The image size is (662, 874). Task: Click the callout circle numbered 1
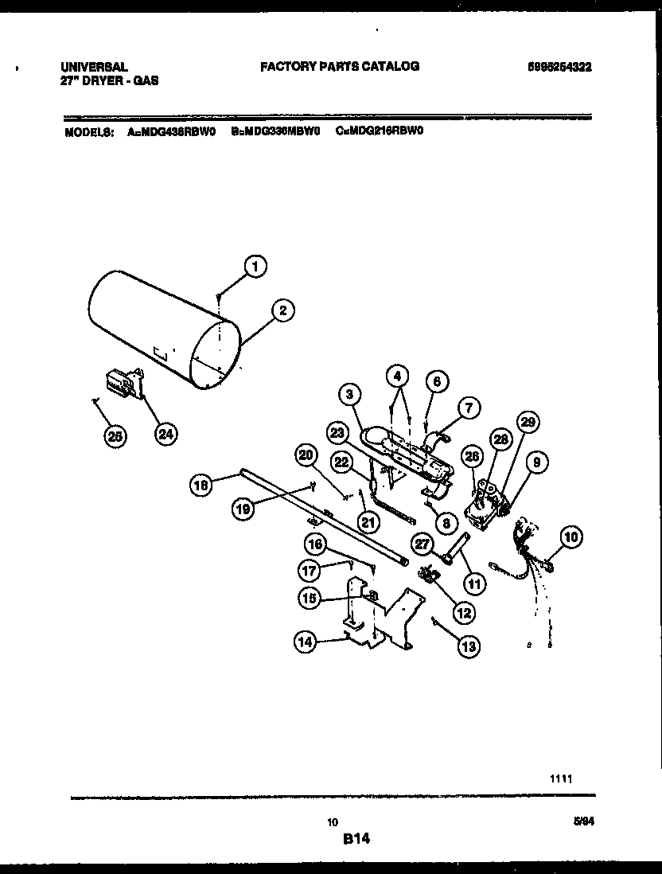(255, 267)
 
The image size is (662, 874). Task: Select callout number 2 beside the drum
(282, 310)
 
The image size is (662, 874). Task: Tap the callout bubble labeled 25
(116, 435)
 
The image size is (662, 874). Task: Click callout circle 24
(165, 434)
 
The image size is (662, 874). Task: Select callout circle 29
(527, 421)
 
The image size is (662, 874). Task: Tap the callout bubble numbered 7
(469, 408)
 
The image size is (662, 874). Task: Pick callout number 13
(469, 646)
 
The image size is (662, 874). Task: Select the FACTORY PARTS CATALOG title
(340, 67)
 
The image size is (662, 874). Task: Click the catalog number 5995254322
(559, 67)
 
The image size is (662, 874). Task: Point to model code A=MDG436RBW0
(171, 133)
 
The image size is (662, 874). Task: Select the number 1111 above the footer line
(561, 778)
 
